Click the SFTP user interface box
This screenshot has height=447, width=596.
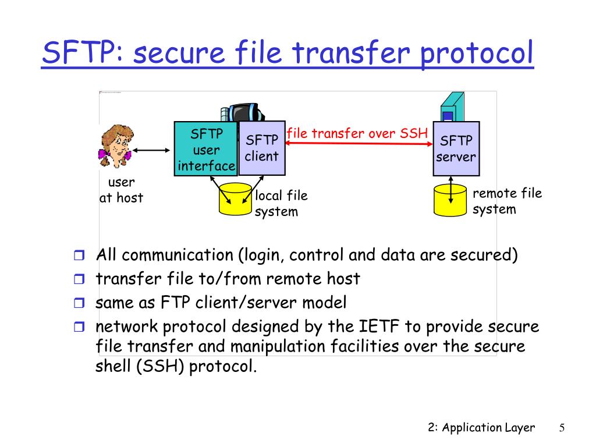click(206, 149)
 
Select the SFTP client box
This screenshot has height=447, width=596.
click(262, 148)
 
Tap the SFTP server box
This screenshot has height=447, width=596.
click(456, 148)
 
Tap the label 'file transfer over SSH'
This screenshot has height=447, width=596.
click(357, 133)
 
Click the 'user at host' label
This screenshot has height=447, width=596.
click(121, 190)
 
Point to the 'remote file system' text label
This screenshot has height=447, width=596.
click(506, 201)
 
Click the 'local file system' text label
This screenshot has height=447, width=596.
click(281, 203)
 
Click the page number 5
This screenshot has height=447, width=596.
click(562, 428)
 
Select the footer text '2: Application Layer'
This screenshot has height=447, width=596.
click(481, 428)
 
